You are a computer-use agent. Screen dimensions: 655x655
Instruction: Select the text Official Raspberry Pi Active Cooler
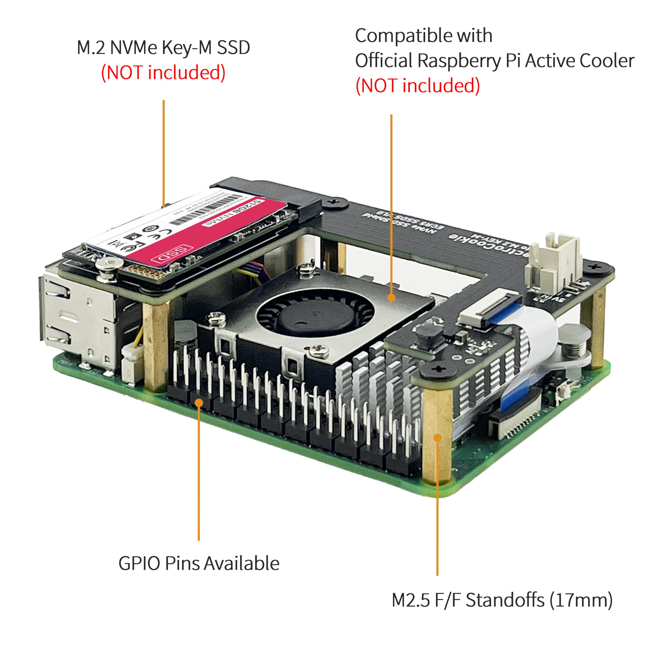494,61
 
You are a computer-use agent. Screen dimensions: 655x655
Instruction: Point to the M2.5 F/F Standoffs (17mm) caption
502,600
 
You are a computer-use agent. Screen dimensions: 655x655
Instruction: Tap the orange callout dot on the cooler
391,298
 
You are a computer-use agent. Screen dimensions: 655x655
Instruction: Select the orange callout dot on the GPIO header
199,402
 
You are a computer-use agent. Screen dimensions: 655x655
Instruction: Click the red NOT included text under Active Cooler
417,85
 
